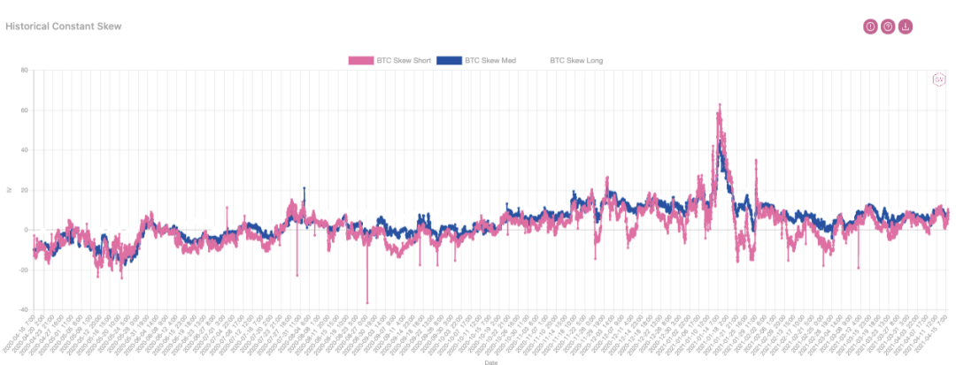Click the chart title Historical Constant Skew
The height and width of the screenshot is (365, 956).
pyautogui.click(x=63, y=27)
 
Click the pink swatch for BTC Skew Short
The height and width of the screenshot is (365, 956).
pyautogui.click(x=360, y=61)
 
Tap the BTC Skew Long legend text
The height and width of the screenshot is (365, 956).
pyautogui.click(x=576, y=61)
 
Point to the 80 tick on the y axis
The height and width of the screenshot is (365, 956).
pyautogui.click(x=25, y=71)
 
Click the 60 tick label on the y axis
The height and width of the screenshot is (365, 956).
pyautogui.click(x=25, y=110)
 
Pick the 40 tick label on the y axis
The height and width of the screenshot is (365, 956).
pyautogui.click(x=25, y=150)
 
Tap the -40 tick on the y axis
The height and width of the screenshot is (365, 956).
pyautogui.click(x=23, y=309)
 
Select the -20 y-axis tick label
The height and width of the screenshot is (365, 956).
pyautogui.click(x=23, y=270)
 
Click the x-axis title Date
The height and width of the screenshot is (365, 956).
pyautogui.click(x=490, y=361)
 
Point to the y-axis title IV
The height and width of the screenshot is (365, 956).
pyautogui.click(x=9, y=190)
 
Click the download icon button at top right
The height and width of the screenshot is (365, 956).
pyautogui.click(x=905, y=27)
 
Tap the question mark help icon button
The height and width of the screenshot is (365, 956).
pyautogui.click(x=888, y=27)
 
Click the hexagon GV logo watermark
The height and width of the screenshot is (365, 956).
pyautogui.click(x=939, y=80)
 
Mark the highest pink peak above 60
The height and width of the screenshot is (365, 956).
pyautogui.click(x=720, y=104)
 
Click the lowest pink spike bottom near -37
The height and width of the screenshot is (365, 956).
pyautogui.click(x=367, y=303)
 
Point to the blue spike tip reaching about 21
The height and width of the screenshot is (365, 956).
pyautogui.click(x=305, y=187)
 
